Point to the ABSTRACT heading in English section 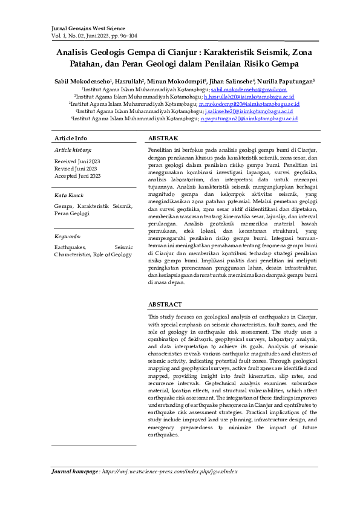tap(165, 305)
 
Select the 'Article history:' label tap(73, 149)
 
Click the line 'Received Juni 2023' tap(77, 161)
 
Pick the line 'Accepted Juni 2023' tap(77, 176)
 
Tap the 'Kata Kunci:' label tap(69, 195)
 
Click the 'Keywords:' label tap(67, 236)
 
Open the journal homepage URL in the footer tap(169, 470)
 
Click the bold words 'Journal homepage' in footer tap(74, 470)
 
